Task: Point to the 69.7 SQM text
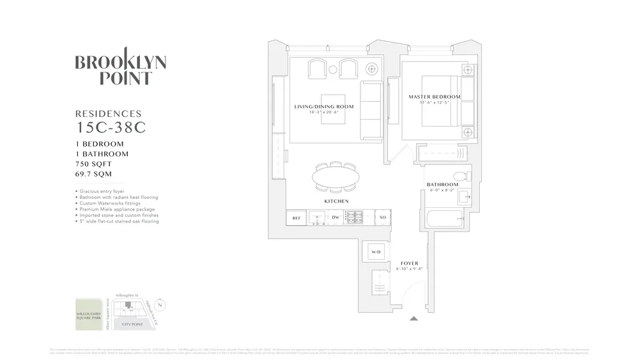click(x=95, y=174)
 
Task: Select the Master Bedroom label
click(x=434, y=97)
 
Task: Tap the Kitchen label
click(x=336, y=201)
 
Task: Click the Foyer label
click(x=409, y=263)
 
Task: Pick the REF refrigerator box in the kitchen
click(x=296, y=218)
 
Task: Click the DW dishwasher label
click(x=335, y=218)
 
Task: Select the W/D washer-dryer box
click(x=376, y=253)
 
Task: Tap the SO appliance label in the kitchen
click(x=383, y=218)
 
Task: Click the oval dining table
click(x=335, y=176)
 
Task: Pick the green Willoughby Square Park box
click(x=89, y=314)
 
